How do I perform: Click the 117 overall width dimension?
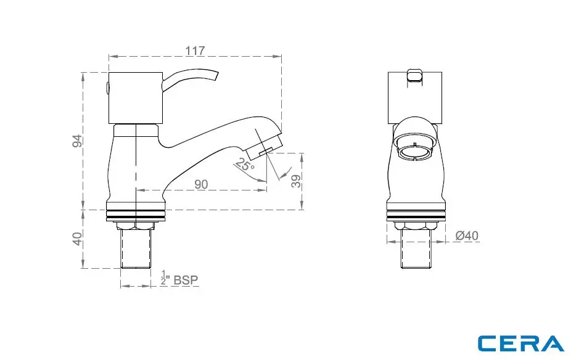(195, 51)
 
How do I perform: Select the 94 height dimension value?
(77, 141)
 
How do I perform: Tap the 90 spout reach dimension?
(201, 184)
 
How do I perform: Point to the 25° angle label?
(244, 166)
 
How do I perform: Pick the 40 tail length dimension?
(77, 239)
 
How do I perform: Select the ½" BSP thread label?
(179, 279)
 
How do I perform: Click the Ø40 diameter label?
(467, 235)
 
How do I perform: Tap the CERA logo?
(521, 343)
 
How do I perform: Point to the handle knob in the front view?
(416, 76)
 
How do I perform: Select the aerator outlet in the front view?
(416, 150)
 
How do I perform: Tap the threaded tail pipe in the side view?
(136, 250)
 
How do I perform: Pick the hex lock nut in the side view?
(136, 226)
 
